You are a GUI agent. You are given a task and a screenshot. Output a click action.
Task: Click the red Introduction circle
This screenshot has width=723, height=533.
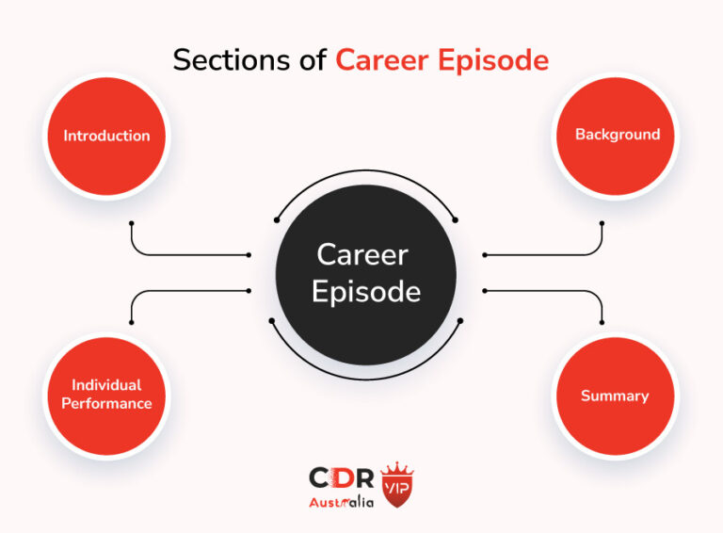[x=106, y=135]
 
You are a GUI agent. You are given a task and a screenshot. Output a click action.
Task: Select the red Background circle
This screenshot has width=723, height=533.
[x=617, y=135]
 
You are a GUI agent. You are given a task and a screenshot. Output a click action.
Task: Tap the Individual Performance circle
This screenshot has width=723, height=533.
[x=106, y=395]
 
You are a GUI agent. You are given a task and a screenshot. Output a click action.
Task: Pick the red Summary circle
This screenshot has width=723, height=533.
[x=615, y=396]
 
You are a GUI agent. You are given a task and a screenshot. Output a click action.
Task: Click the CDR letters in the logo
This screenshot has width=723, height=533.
[x=342, y=478]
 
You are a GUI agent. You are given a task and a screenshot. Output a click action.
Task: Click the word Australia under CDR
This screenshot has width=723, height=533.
[x=341, y=502]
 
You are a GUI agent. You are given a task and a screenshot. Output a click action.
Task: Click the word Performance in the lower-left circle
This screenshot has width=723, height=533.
[x=106, y=404]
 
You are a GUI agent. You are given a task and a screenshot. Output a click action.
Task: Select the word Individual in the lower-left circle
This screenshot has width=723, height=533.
[x=106, y=385]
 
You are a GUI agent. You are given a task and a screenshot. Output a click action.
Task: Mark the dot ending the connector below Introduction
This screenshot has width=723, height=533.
[x=132, y=223]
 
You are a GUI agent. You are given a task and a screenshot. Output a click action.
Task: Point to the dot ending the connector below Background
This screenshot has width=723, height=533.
[x=602, y=223]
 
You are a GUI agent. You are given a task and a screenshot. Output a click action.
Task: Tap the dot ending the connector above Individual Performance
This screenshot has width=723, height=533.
[x=132, y=322]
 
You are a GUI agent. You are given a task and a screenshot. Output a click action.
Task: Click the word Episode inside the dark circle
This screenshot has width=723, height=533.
[x=365, y=291]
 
